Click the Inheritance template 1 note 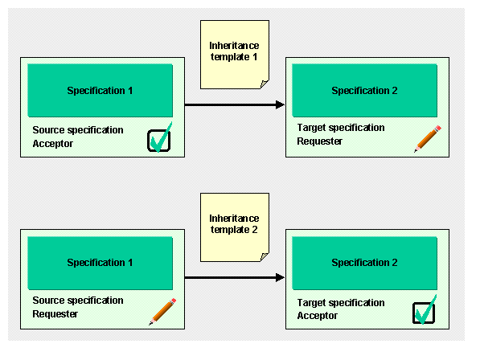click(235, 55)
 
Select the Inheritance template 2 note click(235, 227)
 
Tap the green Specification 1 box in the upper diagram click(101, 91)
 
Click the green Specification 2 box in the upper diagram click(364, 91)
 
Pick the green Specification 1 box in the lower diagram click(101, 263)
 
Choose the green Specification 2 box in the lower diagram click(364, 263)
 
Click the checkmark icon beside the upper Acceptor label click(159, 137)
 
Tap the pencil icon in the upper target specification click(428, 138)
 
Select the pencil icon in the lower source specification click(162, 311)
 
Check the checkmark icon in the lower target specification click(425, 310)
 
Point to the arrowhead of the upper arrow click(280, 104)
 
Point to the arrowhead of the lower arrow click(280, 277)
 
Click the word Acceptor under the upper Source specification click(52, 144)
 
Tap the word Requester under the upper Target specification click(319, 141)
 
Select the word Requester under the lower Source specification click(55, 314)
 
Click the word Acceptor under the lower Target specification click(317, 315)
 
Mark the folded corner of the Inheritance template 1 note click(265, 84)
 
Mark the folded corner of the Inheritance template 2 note click(265, 257)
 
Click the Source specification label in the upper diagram click(78, 130)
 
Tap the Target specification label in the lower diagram click(341, 303)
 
